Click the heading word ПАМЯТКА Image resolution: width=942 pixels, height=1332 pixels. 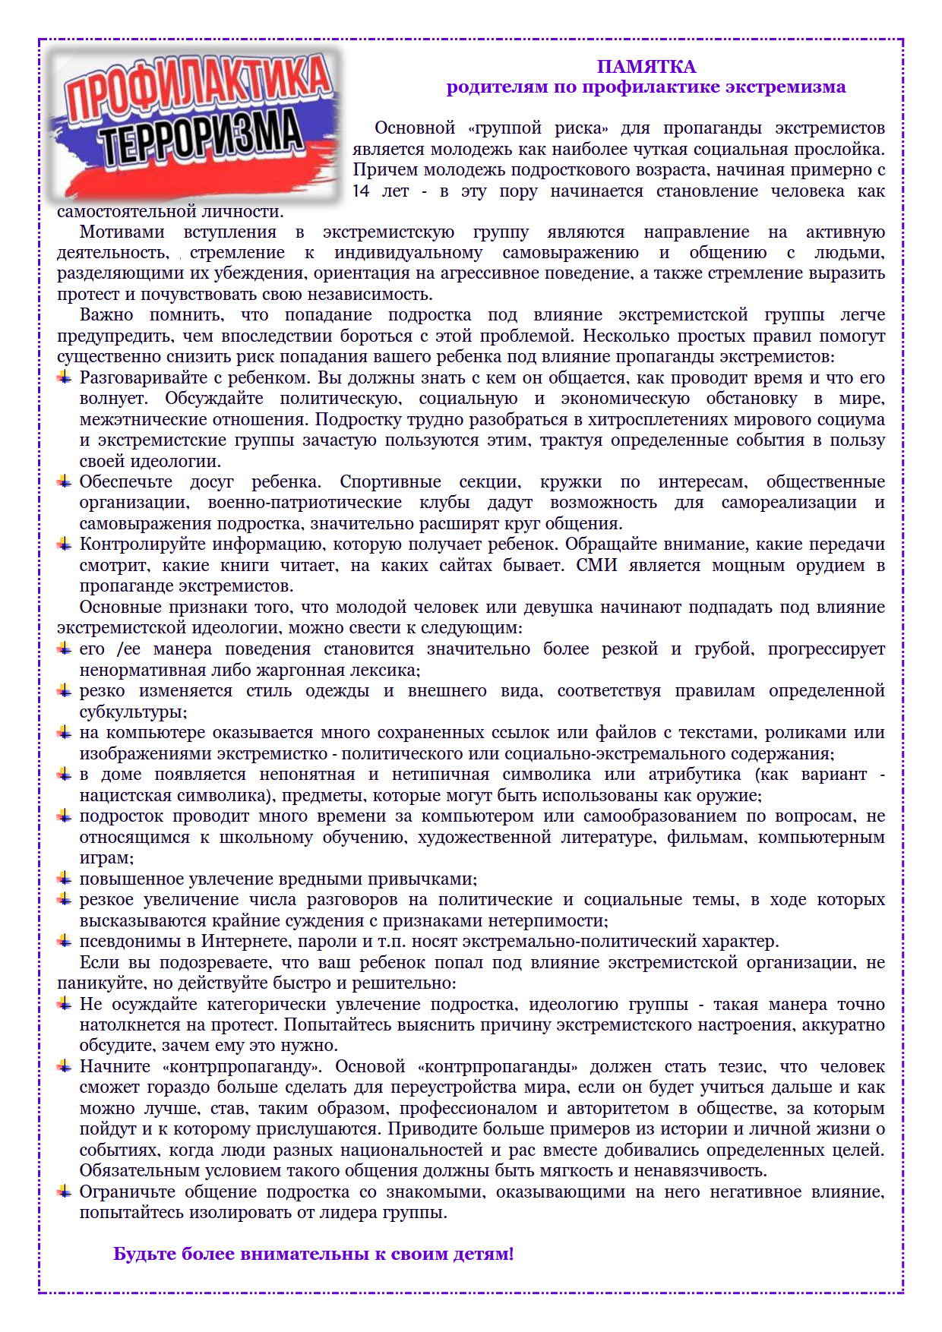pyautogui.click(x=646, y=67)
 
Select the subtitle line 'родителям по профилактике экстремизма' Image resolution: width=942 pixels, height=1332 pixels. pyautogui.click(x=646, y=87)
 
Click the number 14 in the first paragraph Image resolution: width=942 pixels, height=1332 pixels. pyautogui.click(x=361, y=191)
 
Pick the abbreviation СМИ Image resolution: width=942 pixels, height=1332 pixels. pyautogui.click(x=596, y=565)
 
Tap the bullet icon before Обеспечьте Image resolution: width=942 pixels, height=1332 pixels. pyautogui.click(x=65, y=481)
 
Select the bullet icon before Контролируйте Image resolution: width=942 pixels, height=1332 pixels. pyautogui.click(x=65, y=544)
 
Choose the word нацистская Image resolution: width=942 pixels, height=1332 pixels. pyautogui.click(x=126, y=795)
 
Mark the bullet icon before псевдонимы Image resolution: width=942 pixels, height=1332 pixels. pyautogui.click(x=65, y=942)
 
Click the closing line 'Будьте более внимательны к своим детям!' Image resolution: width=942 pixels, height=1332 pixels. pyautogui.click(x=313, y=1254)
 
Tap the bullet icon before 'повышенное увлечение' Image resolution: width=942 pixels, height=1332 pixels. pyautogui.click(x=65, y=879)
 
